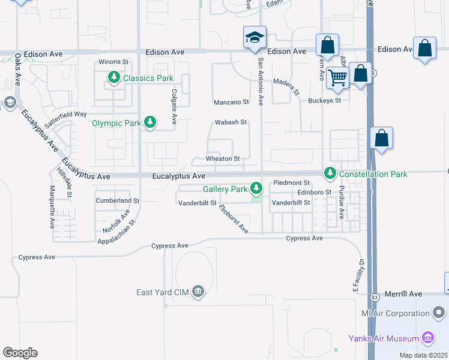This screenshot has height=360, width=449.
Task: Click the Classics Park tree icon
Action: (113, 77)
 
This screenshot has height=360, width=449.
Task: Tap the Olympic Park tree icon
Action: (149, 123)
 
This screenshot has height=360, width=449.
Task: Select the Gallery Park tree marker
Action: (256, 189)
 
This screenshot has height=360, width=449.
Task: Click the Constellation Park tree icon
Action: (330, 173)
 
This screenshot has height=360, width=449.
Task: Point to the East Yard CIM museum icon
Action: (199, 292)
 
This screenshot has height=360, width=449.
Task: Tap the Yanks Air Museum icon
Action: (428, 338)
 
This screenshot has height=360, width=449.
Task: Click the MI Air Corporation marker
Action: (439, 313)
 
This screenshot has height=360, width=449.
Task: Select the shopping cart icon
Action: (338, 77)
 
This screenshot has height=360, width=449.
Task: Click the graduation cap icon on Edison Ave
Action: (255, 38)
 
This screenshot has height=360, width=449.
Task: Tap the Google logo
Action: (20, 353)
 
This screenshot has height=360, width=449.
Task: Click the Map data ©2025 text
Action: (423, 355)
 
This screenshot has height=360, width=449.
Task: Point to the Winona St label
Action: (114, 62)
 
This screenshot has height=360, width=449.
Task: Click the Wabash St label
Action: (231, 122)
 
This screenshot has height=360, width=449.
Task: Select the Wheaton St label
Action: (223, 159)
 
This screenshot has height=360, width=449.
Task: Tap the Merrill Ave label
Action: (403, 294)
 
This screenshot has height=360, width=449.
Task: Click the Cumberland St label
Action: (117, 200)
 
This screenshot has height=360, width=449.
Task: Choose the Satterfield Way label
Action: (65, 113)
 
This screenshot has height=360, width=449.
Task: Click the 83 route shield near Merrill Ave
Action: (374, 297)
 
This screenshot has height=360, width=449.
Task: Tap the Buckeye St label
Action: (324, 101)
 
